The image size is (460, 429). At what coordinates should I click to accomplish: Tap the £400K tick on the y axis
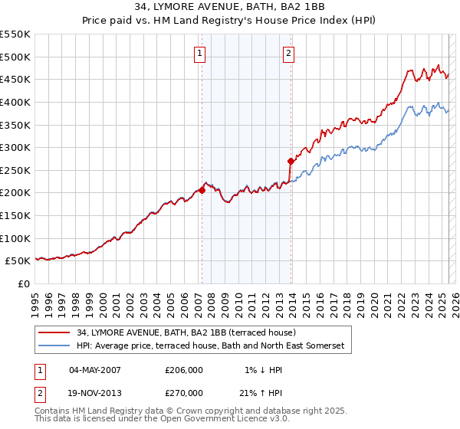pyautogui.click(x=15, y=102)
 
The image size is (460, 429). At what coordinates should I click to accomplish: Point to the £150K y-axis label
pyautogui.click(x=15, y=215)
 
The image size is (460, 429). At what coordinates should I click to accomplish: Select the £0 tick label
pyautogui.click(x=24, y=283)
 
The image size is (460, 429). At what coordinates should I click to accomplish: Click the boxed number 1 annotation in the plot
pyautogui.click(x=199, y=54)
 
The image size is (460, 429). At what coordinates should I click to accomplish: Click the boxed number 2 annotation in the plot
pyautogui.click(x=288, y=54)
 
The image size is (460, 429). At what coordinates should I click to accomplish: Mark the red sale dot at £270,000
pyautogui.click(x=291, y=161)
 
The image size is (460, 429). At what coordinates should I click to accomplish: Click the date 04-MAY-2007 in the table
pyautogui.click(x=95, y=370)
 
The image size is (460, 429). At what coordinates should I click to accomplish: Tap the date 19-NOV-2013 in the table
pyautogui.click(x=95, y=392)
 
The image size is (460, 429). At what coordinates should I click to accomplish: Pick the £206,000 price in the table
pyautogui.click(x=184, y=370)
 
